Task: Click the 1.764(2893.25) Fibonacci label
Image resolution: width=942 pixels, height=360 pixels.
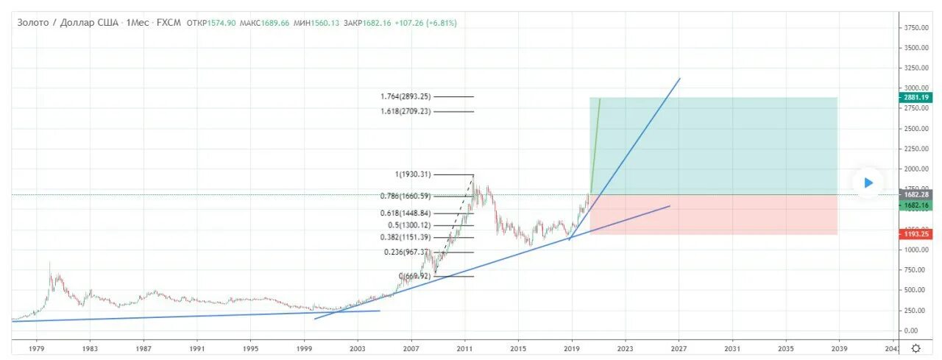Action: [406, 96]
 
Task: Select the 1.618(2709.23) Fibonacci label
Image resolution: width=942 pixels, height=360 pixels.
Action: [406, 111]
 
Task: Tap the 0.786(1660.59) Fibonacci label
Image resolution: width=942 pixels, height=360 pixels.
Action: [406, 197]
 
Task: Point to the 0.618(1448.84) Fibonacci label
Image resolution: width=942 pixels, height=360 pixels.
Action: [406, 212]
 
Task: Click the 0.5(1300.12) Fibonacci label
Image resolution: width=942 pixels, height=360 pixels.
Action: [409, 225]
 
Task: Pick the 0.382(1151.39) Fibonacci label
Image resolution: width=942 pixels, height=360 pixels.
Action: [406, 238]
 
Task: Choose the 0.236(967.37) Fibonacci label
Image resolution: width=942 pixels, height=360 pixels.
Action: [408, 252]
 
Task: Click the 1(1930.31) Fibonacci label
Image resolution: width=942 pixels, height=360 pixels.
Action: [413, 174]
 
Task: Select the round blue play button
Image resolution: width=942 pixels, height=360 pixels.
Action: [868, 183]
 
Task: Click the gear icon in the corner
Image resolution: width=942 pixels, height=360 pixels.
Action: [916, 348]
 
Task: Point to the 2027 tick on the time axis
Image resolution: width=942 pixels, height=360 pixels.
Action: [679, 348]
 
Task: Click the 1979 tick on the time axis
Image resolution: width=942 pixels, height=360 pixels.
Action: [37, 348]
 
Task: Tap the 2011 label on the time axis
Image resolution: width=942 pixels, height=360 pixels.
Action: [464, 348]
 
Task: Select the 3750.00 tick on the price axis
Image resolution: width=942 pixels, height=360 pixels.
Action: [917, 27]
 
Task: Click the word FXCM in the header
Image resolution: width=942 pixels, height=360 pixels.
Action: [169, 23]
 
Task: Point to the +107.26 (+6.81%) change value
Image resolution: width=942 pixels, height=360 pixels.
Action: [425, 23]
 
